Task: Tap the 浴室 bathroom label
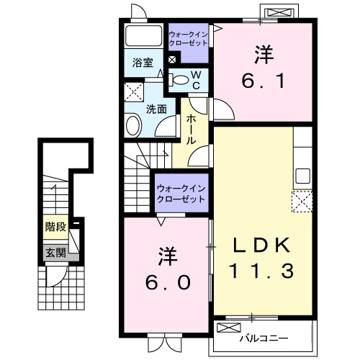pyautogui.click(x=143, y=63)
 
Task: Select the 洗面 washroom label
pyautogui.click(x=156, y=109)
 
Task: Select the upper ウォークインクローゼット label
pyautogui.click(x=189, y=39)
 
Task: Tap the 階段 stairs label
pyautogui.click(x=55, y=227)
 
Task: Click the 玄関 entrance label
pyautogui.click(x=55, y=252)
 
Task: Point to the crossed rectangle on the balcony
pyautogui.click(x=230, y=328)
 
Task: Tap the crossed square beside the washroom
pyautogui.click(x=133, y=92)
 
